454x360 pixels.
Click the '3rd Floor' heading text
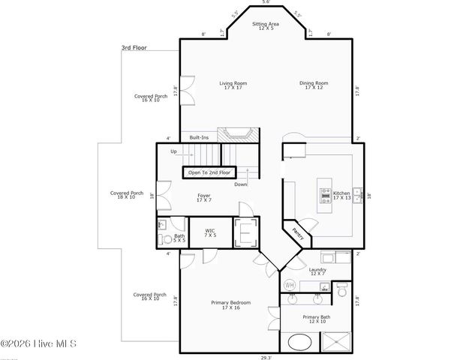[x=135, y=48]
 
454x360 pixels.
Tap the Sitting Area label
[x=264, y=25]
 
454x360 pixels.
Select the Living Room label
[x=233, y=85]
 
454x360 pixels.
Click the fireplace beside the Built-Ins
[x=238, y=135]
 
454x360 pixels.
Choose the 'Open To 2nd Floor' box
[x=209, y=172]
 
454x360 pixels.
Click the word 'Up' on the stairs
[x=173, y=151]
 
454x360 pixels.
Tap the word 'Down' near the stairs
[x=240, y=184]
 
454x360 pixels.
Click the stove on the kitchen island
[x=325, y=195]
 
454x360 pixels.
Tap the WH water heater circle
[x=290, y=285]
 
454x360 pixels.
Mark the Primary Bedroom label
[x=230, y=304]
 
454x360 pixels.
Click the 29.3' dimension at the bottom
[x=264, y=357]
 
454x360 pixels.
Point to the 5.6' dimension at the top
[x=264, y=3]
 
